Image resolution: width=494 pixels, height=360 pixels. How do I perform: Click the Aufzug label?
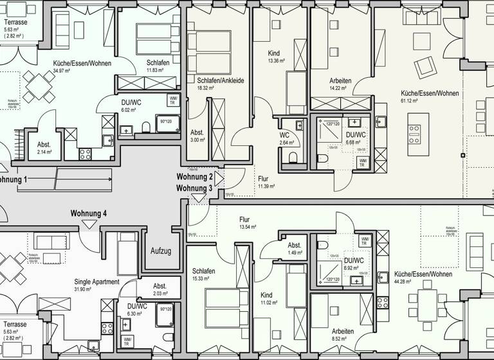pyautogui.click(x=161, y=251)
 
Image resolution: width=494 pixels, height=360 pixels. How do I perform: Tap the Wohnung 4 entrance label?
pyautogui.click(x=89, y=213)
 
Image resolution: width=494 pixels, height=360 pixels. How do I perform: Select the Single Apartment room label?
pyautogui.click(x=96, y=282)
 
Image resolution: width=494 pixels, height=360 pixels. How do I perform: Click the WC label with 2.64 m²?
pyautogui.click(x=284, y=136)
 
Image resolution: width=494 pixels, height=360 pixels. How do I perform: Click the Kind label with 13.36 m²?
pyautogui.click(x=275, y=53)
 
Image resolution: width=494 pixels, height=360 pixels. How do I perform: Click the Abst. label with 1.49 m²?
pyautogui.click(x=295, y=246)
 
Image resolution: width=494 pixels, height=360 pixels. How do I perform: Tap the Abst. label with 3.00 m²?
pyautogui.click(x=197, y=132)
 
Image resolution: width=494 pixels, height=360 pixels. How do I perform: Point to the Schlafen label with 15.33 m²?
pyautogui.click(x=202, y=271)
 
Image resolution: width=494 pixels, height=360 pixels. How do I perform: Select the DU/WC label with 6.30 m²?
pyautogui.click(x=138, y=306)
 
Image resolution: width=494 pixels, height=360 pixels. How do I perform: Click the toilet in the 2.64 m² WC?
pyautogui.click(x=293, y=157)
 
